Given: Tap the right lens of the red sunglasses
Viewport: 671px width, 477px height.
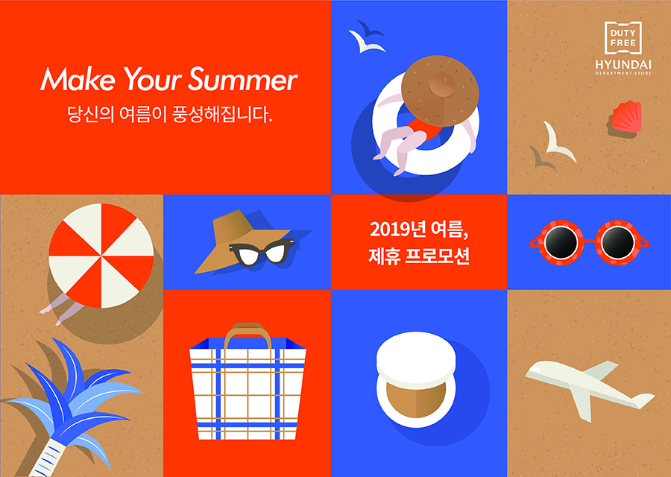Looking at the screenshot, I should [x=617, y=241].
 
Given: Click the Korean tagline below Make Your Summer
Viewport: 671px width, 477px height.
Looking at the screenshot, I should [x=169, y=116].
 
